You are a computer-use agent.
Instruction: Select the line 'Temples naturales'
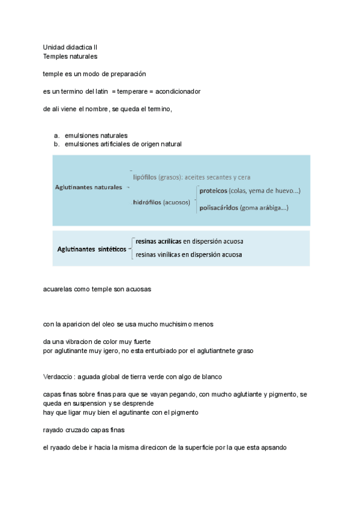[x=70, y=56]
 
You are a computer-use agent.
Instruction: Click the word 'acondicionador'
[x=178, y=91]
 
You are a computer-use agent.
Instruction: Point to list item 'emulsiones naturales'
[x=96, y=136]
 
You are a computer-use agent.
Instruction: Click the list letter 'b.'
[x=56, y=144]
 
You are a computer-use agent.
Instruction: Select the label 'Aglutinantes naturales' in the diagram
[x=88, y=187]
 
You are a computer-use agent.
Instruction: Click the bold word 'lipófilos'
[x=145, y=177]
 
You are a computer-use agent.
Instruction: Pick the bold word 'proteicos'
[x=213, y=190]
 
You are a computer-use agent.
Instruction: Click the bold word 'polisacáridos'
[x=218, y=208]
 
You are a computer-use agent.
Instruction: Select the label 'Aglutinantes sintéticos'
[x=92, y=248]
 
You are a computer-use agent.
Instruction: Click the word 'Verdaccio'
[x=58, y=376]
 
